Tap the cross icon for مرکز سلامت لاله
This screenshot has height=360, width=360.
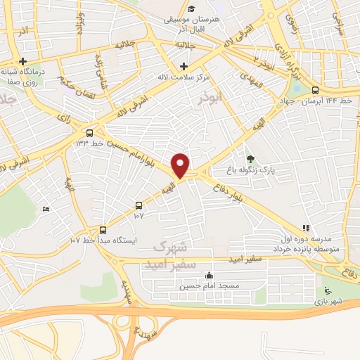[x=184, y=65]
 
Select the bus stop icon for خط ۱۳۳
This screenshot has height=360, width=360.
[x=89, y=132]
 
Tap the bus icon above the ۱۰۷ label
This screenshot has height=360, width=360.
[x=139, y=205]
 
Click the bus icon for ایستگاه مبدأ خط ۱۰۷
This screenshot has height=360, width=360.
[x=103, y=229]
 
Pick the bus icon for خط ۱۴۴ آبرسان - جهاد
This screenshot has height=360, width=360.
[x=314, y=90]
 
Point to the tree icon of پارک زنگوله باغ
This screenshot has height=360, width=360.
[x=251, y=157]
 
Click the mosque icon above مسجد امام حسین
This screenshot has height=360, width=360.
[x=209, y=276]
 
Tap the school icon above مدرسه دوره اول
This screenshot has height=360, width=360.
[x=305, y=228]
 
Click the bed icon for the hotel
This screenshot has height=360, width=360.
[x=46, y=208]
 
